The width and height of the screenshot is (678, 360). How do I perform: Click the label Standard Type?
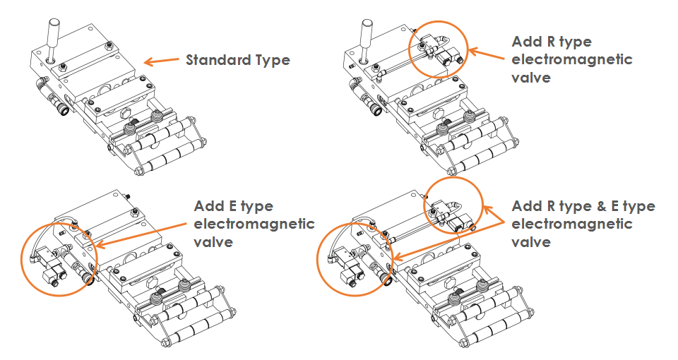click(x=237, y=60)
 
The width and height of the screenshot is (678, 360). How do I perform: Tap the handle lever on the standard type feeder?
click(x=52, y=32)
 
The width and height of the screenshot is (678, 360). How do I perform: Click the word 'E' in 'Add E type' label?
click(x=229, y=206)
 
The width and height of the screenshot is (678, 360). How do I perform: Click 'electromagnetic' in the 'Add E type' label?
click(x=254, y=224)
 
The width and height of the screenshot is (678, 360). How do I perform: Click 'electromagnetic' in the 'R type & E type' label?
click(x=571, y=224)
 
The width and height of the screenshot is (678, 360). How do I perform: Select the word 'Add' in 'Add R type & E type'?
click(x=525, y=206)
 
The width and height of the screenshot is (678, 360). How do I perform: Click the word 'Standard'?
click(x=217, y=60)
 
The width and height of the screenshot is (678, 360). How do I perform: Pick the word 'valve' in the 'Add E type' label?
click(x=213, y=241)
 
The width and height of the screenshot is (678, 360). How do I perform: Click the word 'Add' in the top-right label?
click(x=525, y=42)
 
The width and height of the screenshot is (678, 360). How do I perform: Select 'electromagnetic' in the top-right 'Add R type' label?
click(x=571, y=59)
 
